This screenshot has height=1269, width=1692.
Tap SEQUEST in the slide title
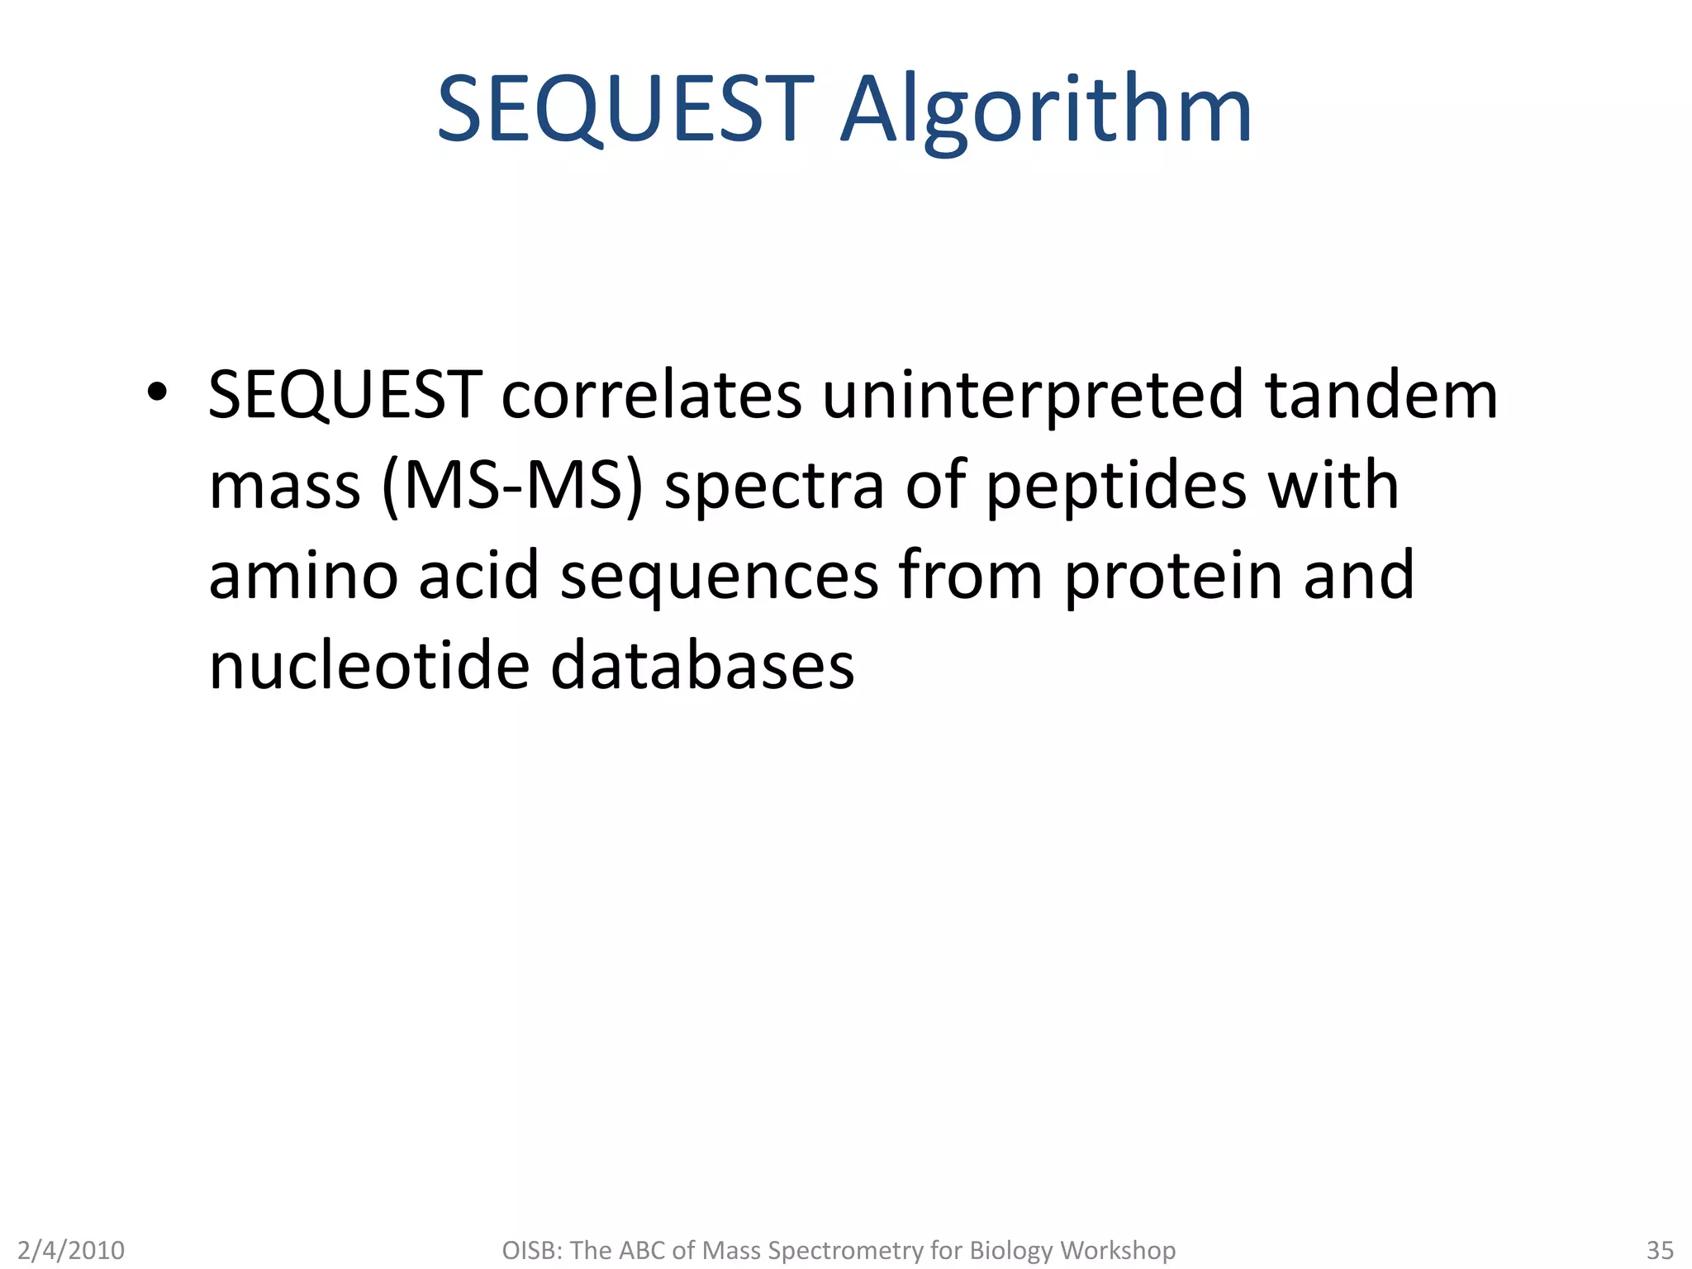625,110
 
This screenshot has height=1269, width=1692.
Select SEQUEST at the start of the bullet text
345,395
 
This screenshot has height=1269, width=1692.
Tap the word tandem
1381,395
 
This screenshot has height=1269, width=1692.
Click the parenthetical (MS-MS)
512,486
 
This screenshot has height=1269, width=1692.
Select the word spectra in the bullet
775,487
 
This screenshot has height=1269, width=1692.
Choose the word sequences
720,577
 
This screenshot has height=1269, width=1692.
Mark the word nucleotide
368,666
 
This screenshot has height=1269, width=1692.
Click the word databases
702,666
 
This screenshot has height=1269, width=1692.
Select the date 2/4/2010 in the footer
71,1250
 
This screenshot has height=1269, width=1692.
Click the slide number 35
1660,1250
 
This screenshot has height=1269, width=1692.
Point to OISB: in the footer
532,1250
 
